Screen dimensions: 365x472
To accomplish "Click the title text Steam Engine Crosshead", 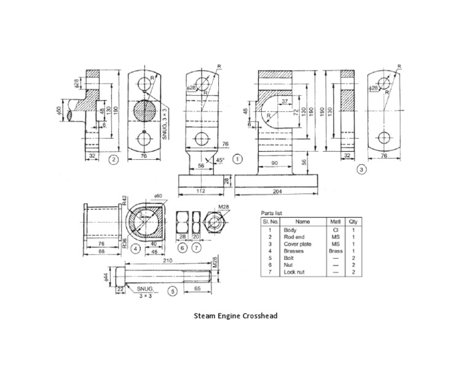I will coord(236,316).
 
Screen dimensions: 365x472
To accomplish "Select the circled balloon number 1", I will coord(238,158).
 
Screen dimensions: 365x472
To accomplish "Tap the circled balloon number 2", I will coord(112,160).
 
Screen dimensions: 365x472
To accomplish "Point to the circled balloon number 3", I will coord(363,167).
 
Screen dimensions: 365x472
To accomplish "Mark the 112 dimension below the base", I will coord(201,191).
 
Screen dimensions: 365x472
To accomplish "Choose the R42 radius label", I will coord(124,199).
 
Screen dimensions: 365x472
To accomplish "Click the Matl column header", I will coord(335,221).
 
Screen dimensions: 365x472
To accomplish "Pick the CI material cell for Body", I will coord(335,230).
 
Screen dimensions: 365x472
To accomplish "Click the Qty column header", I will coord(353,221).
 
